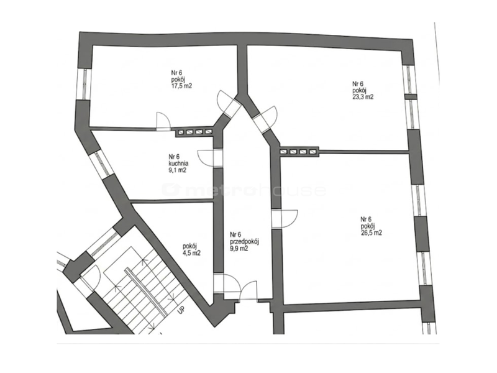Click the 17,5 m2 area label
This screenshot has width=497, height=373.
(181, 86)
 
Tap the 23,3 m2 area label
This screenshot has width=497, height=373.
(363, 97)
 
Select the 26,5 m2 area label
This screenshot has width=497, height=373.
(371, 233)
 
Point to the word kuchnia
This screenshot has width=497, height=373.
(178, 163)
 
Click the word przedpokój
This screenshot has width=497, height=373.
(245, 242)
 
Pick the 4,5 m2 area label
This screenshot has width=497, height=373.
(191, 253)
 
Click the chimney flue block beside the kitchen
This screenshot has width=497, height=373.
(194, 132)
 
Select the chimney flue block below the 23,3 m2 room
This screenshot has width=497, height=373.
(299, 152)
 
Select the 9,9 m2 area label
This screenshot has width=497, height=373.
(239, 249)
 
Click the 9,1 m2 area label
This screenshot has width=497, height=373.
(177, 170)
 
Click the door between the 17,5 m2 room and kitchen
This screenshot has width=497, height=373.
(163, 121)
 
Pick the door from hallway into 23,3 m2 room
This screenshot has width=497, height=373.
(267, 118)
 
